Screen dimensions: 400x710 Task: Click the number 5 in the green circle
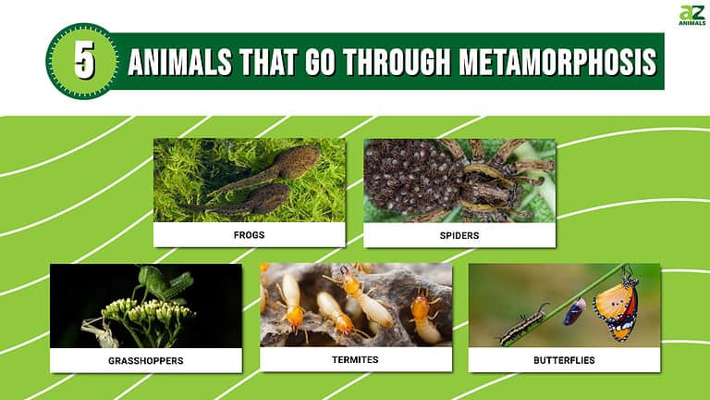click(x=83, y=61)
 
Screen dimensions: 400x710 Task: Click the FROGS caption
click(x=249, y=235)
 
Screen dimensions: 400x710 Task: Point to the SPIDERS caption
click(x=459, y=235)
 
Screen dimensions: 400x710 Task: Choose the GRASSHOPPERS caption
click(x=145, y=360)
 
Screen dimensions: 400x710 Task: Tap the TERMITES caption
click(x=356, y=359)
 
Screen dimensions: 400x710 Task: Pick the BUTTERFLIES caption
click(x=564, y=359)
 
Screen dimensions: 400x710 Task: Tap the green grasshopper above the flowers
click(x=165, y=282)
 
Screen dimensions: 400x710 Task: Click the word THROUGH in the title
click(x=394, y=62)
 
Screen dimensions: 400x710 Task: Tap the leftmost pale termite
click(x=288, y=297)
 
